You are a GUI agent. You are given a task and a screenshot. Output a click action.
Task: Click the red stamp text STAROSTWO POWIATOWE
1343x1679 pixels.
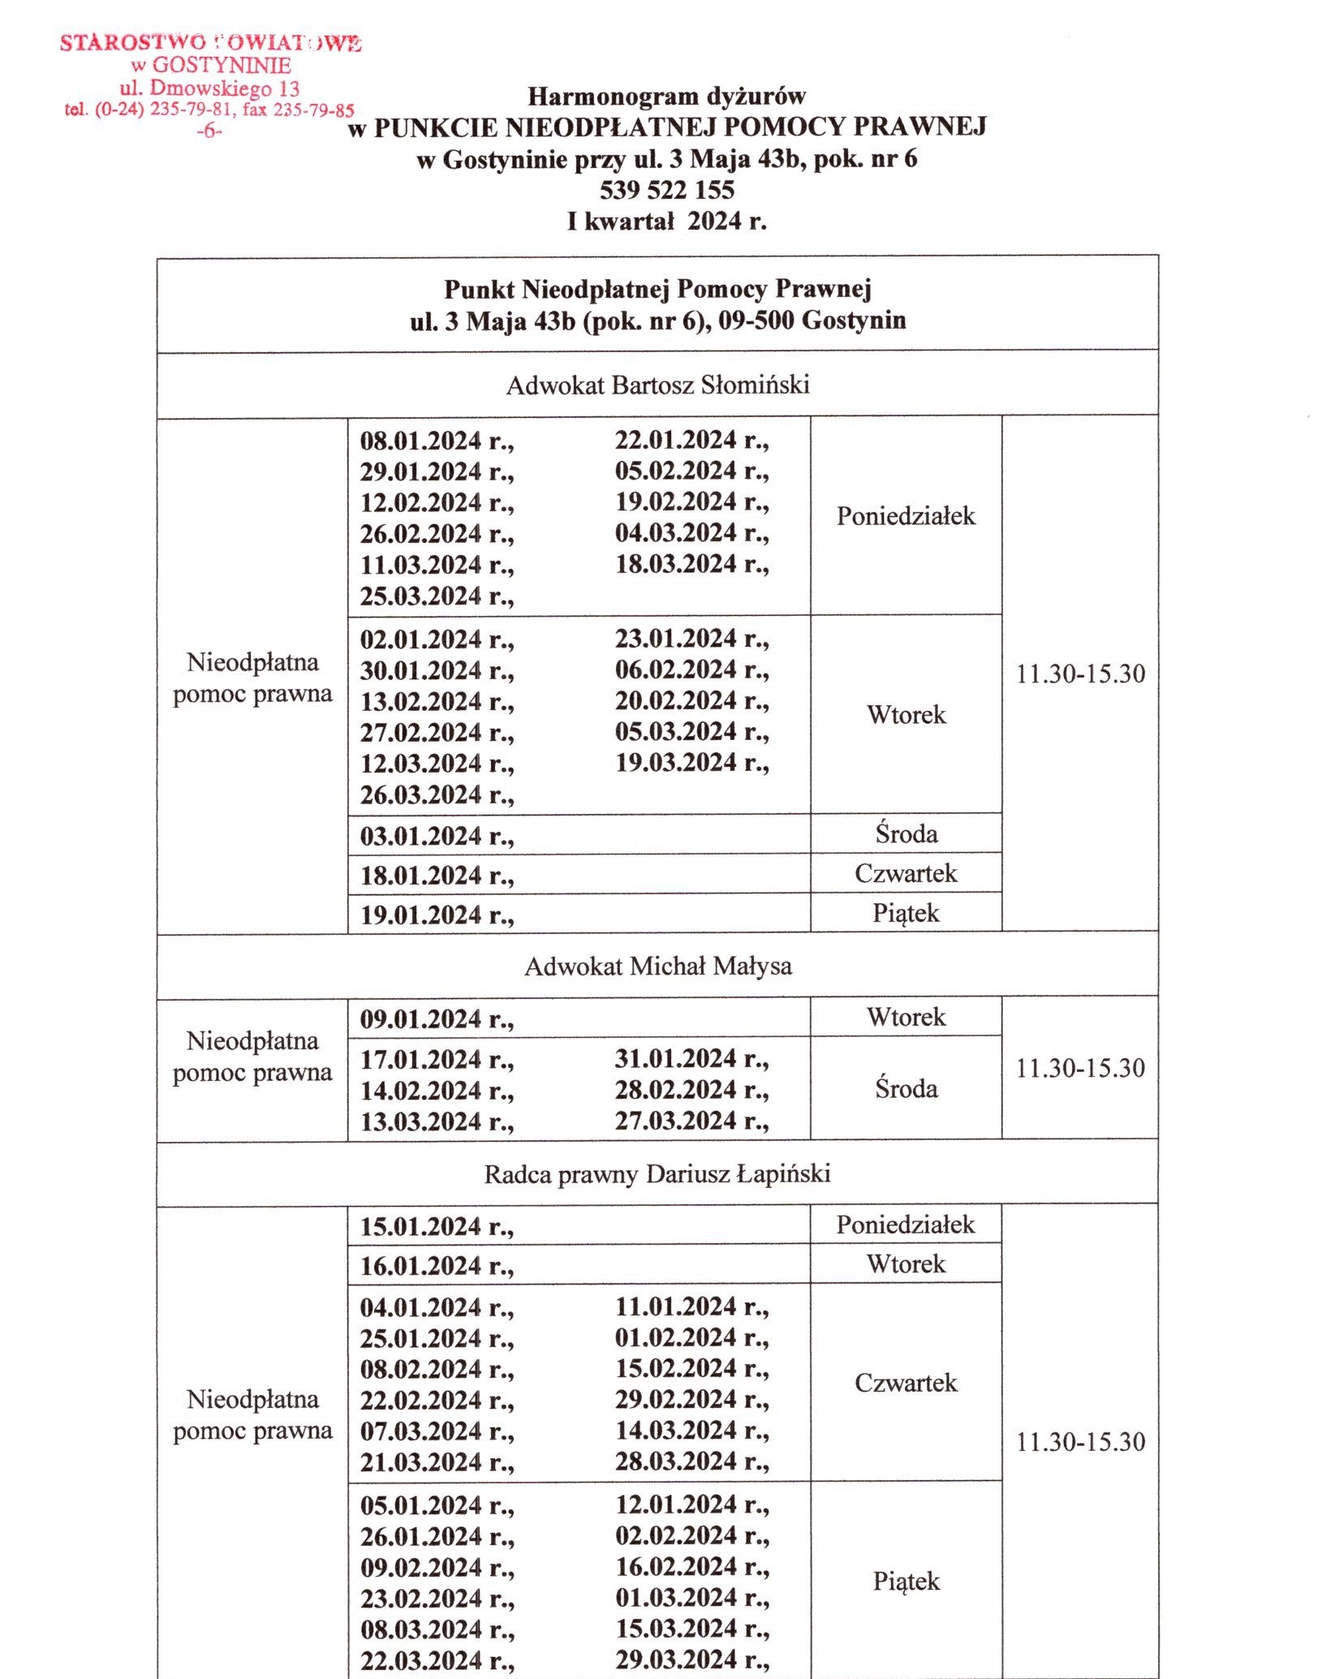[210, 43]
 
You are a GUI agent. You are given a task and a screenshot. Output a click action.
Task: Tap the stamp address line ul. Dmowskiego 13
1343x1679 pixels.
[209, 88]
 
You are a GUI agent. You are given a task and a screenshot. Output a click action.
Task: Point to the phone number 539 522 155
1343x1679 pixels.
[666, 190]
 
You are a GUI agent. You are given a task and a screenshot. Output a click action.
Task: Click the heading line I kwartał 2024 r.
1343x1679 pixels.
[666, 221]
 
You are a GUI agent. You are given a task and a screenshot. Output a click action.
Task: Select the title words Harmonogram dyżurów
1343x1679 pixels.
[666, 97]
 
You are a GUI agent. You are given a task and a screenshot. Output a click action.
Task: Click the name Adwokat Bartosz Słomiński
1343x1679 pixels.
[657, 385]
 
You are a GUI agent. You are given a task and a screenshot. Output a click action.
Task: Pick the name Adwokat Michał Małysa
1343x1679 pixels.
[657, 966]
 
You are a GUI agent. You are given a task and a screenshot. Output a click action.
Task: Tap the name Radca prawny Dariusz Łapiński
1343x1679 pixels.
[657, 1174]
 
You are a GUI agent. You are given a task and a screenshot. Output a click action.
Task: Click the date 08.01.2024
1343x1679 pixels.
[421, 441]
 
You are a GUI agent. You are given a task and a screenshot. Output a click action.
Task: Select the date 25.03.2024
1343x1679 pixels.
[421, 596]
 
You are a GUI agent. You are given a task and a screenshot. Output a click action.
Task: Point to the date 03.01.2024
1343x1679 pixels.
[421, 836]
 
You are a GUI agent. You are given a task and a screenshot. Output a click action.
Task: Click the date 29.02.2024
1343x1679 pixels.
[676, 1400]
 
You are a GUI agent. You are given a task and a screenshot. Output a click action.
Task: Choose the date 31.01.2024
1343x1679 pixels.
[676, 1059]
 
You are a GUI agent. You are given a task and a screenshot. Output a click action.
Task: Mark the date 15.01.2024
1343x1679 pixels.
[421, 1226]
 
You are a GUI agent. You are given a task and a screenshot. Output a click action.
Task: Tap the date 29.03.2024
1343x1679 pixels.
[676, 1660]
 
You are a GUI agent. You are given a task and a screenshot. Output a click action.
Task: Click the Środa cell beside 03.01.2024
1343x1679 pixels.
[906, 833]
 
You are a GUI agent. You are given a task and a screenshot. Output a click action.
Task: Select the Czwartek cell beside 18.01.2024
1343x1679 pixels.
[906, 873]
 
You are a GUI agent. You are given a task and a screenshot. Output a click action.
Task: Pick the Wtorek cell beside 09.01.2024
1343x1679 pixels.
[906, 1017]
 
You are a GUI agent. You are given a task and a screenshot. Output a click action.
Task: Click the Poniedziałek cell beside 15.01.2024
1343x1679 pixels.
[906, 1225]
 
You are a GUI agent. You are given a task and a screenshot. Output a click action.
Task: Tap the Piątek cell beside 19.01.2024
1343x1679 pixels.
[906, 913]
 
